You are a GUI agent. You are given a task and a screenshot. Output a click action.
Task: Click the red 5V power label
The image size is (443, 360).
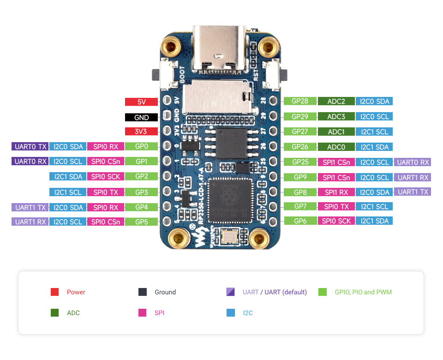pos(141,102)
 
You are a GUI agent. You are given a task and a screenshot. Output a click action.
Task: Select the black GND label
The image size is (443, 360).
pos(141,117)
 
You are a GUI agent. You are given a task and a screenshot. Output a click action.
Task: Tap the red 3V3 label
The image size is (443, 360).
pos(141,132)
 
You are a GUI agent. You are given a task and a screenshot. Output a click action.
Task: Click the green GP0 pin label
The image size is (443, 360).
pos(141,147)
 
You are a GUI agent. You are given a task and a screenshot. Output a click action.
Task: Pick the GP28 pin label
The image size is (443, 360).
pos(300,101)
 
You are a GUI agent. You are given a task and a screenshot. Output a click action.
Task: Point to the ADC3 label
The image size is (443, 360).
pos(336,116)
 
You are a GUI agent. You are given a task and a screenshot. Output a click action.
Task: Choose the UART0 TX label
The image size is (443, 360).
pos(30,147)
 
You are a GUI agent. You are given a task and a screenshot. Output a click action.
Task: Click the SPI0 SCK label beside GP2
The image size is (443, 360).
pos(105,176)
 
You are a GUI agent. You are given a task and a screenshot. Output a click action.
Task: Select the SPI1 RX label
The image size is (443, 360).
pos(336,192)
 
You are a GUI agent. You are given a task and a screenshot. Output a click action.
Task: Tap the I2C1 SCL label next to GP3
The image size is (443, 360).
pos(68,192)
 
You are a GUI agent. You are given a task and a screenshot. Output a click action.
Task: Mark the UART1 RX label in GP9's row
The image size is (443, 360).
pos(413,177)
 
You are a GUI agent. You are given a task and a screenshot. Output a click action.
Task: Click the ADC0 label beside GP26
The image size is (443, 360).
pos(336,147)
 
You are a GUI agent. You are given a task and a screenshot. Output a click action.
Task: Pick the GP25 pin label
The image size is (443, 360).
pos(300,162)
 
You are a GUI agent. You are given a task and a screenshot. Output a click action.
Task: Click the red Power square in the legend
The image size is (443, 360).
pos(55,292)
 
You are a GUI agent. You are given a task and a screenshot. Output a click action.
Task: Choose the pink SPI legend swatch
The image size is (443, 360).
pos(143,313)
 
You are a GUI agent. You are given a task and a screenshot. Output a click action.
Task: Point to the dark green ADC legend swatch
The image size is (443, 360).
pos(55,313)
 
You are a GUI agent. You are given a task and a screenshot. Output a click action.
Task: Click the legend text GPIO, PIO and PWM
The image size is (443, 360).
pos(363,292)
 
